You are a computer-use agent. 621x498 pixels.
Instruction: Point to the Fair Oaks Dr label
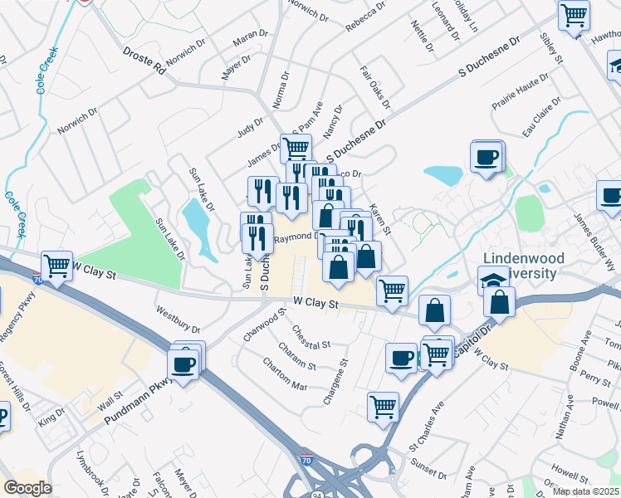click(374, 86)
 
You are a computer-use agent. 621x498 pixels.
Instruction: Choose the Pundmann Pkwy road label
click(138, 401)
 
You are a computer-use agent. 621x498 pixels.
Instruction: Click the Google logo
click(27, 488)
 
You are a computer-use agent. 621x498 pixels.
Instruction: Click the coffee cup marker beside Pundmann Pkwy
click(183, 363)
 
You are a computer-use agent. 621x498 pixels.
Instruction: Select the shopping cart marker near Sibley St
click(574, 14)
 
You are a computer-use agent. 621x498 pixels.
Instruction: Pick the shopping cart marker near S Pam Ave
click(296, 148)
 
